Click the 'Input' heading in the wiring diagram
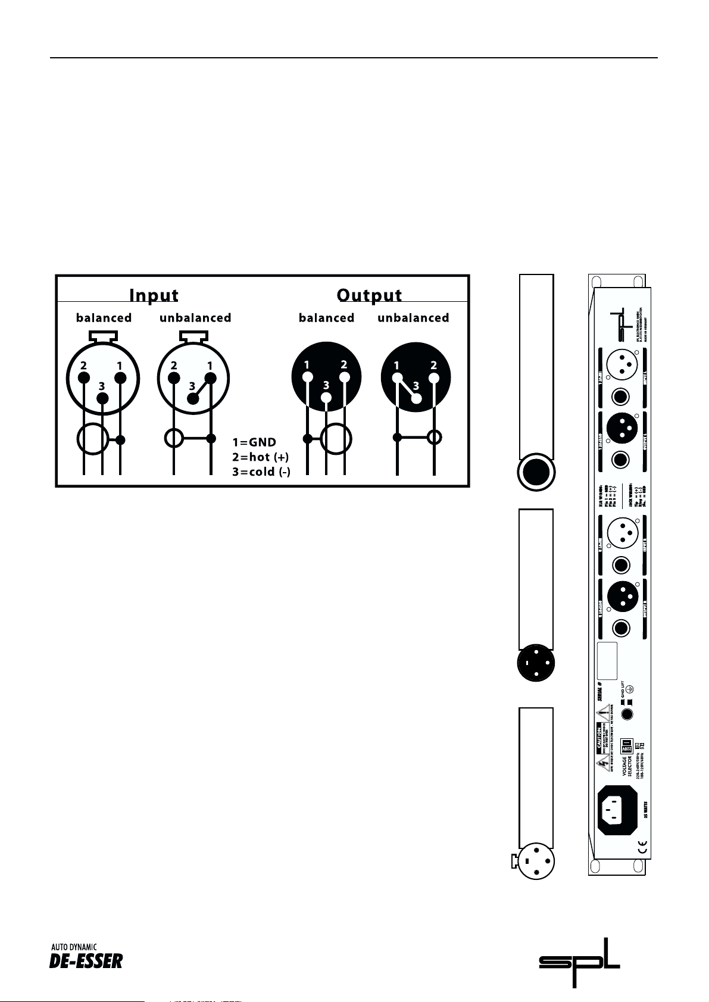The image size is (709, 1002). tap(154, 295)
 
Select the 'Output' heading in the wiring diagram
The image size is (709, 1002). tap(369, 295)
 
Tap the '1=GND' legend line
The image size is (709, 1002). tap(254, 442)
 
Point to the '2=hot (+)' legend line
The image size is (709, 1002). tap(260, 457)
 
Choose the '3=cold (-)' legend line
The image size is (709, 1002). tap(261, 472)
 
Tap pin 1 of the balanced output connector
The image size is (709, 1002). tap(308, 377)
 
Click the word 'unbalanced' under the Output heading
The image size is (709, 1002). tap(413, 318)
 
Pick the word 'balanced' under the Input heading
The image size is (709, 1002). tap(104, 318)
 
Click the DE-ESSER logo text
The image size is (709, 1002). tap(86, 960)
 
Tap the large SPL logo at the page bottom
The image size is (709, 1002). tap(579, 963)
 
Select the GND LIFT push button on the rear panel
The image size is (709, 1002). tap(626, 715)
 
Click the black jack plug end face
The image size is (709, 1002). tap(536, 472)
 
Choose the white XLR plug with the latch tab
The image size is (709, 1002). tap(536, 861)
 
